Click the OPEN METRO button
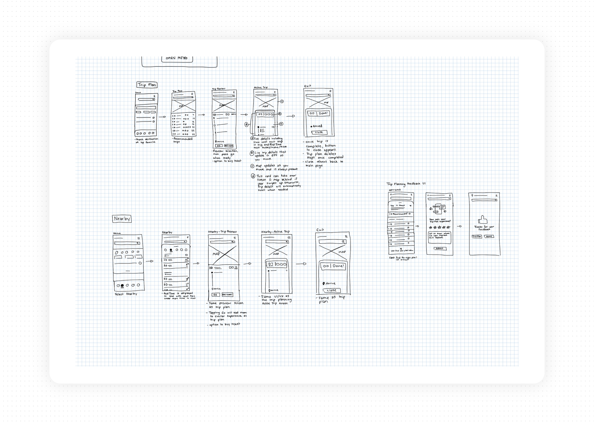pyautogui.click(x=177, y=58)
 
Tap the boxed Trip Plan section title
pyautogui.click(x=147, y=85)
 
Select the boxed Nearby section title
pyautogui.click(x=122, y=219)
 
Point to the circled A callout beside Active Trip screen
pyautogui.click(x=280, y=114)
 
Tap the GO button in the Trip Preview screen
pyautogui.click(x=219, y=146)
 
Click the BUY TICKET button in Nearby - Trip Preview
pyautogui.click(x=227, y=295)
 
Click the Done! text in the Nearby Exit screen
pyautogui.click(x=338, y=266)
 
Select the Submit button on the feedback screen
pyautogui.click(x=440, y=248)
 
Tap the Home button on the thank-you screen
pyautogui.click(x=489, y=236)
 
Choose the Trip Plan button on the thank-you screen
pyautogui.click(x=477, y=236)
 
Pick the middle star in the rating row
pyautogui.click(x=440, y=227)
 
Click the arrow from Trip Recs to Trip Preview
pyautogui.click(x=201, y=115)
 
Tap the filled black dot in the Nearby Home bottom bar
pyautogui.click(x=122, y=285)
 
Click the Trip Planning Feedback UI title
pyautogui.click(x=406, y=184)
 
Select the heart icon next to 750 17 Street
pyautogui.click(x=411, y=206)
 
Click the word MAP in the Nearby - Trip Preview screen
pyautogui.click(x=216, y=254)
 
